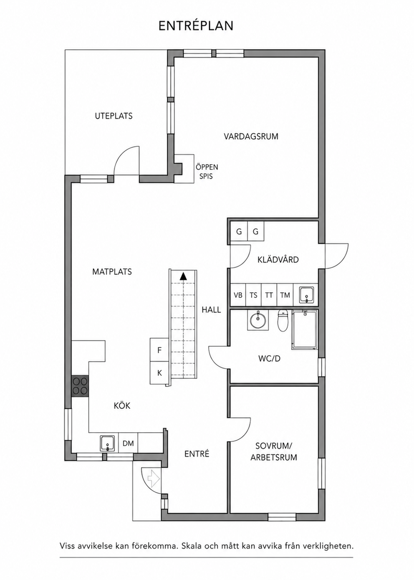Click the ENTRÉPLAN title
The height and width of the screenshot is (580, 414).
click(x=196, y=26)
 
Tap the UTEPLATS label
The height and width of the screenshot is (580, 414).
click(x=114, y=116)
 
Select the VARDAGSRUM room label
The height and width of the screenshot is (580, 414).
click(x=251, y=136)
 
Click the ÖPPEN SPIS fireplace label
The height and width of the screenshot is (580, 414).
click(x=207, y=171)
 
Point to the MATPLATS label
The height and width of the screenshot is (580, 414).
click(x=112, y=271)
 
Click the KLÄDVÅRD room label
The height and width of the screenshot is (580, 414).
click(x=278, y=259)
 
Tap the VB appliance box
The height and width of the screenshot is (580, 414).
click(x=238, y=295)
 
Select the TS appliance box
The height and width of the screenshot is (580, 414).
click(x=254, y=295)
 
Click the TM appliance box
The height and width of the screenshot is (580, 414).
click(x=285, y=295)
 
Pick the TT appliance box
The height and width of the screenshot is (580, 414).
click(x=269, y=295)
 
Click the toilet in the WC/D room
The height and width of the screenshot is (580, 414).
click(x=283, y=321)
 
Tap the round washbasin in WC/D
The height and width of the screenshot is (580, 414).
click(x=258, y=320)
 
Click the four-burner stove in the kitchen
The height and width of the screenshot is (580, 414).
click(x=80, y=386)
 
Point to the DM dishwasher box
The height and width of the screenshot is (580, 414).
click(x=128, y=443)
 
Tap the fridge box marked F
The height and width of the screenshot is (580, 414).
click(x=159, y=350)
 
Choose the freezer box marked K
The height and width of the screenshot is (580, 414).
click(x=159, y=373)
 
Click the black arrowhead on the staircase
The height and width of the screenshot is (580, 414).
click(x=183, y=276)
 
